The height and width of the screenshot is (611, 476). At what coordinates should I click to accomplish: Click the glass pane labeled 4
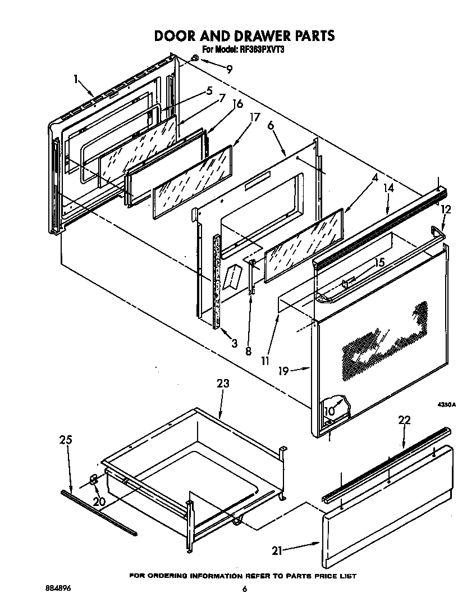click(303, 246)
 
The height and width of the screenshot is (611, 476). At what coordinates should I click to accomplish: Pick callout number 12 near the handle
click(446, 209)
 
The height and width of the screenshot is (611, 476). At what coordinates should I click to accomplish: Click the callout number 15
click(379, 262)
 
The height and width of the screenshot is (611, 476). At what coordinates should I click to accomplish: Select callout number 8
click(248, 352)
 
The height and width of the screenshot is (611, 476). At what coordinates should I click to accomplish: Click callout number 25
click(66, 440)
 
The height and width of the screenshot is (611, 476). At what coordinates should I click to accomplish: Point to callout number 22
click(404, 420)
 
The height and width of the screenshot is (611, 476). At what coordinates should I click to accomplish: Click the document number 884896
click(58, 588)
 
